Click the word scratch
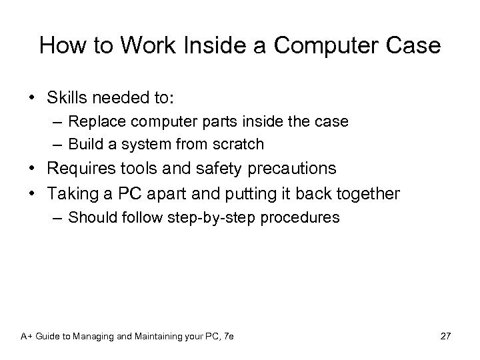pyautogui.click(x=241, y=143)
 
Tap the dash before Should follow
pyautogui.click(x=57, y=217)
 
